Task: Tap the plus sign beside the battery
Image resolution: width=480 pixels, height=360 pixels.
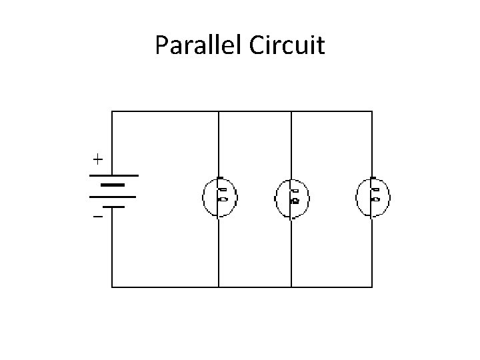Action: click(97, 159)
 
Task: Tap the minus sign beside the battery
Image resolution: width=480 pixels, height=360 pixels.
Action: click(97, 217)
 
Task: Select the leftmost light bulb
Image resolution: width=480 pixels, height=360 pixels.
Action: click(220, 197)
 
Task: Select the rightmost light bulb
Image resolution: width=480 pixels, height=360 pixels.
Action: click(373, 197)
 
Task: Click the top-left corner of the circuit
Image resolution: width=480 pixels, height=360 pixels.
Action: click(112, 111)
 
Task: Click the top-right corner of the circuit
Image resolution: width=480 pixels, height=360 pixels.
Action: click(372, 111)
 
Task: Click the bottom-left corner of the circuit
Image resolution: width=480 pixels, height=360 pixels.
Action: click(112, 287)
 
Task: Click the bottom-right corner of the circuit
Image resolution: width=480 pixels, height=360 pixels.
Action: click(372, 287)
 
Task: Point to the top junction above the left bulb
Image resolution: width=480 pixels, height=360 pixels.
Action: click(219, 111)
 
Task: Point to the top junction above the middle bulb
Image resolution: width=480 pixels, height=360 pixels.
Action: click(291, 111)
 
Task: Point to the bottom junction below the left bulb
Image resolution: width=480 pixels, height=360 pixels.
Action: click(219, 287)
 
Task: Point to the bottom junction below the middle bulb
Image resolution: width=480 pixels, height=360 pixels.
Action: click(291, 287)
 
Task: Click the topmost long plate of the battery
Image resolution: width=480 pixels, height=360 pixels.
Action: click(113, 175)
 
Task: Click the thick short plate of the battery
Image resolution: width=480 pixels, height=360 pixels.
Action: click(113, 185)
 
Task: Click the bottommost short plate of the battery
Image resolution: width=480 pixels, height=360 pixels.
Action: click(113, 207)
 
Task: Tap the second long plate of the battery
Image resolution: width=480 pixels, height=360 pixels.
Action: click(113, 197)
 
